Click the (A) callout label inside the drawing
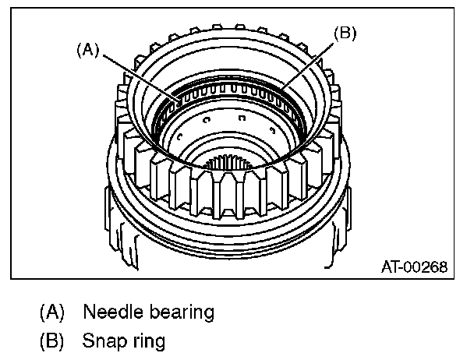[x=88, y=49]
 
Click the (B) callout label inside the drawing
[x=344, y=34]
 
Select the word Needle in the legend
[x=110, y=312]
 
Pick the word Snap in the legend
[x=102, y=341]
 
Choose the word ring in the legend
[x=147, y=341]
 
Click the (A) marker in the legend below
[x=51, y=312]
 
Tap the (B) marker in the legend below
[x=51, y=341]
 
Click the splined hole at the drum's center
[x=232, y=164]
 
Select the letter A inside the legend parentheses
[x=51, y=312]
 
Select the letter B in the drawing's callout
[x=344, y=34]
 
